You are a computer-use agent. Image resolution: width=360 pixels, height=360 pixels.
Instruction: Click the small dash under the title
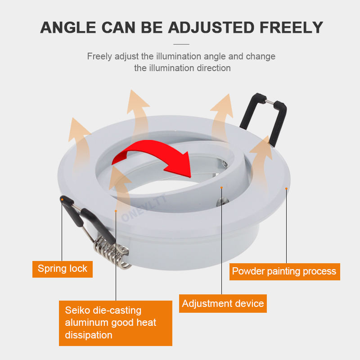click(181, 44)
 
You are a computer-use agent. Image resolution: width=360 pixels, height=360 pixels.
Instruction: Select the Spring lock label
click(63, 269)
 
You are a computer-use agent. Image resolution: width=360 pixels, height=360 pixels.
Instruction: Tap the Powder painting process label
click(284, 271)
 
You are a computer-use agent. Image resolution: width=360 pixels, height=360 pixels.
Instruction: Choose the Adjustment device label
click(223, 304)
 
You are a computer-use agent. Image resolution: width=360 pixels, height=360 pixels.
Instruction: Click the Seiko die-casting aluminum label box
click(116, 323)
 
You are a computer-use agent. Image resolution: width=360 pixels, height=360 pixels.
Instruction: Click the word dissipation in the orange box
click(89, 335)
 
